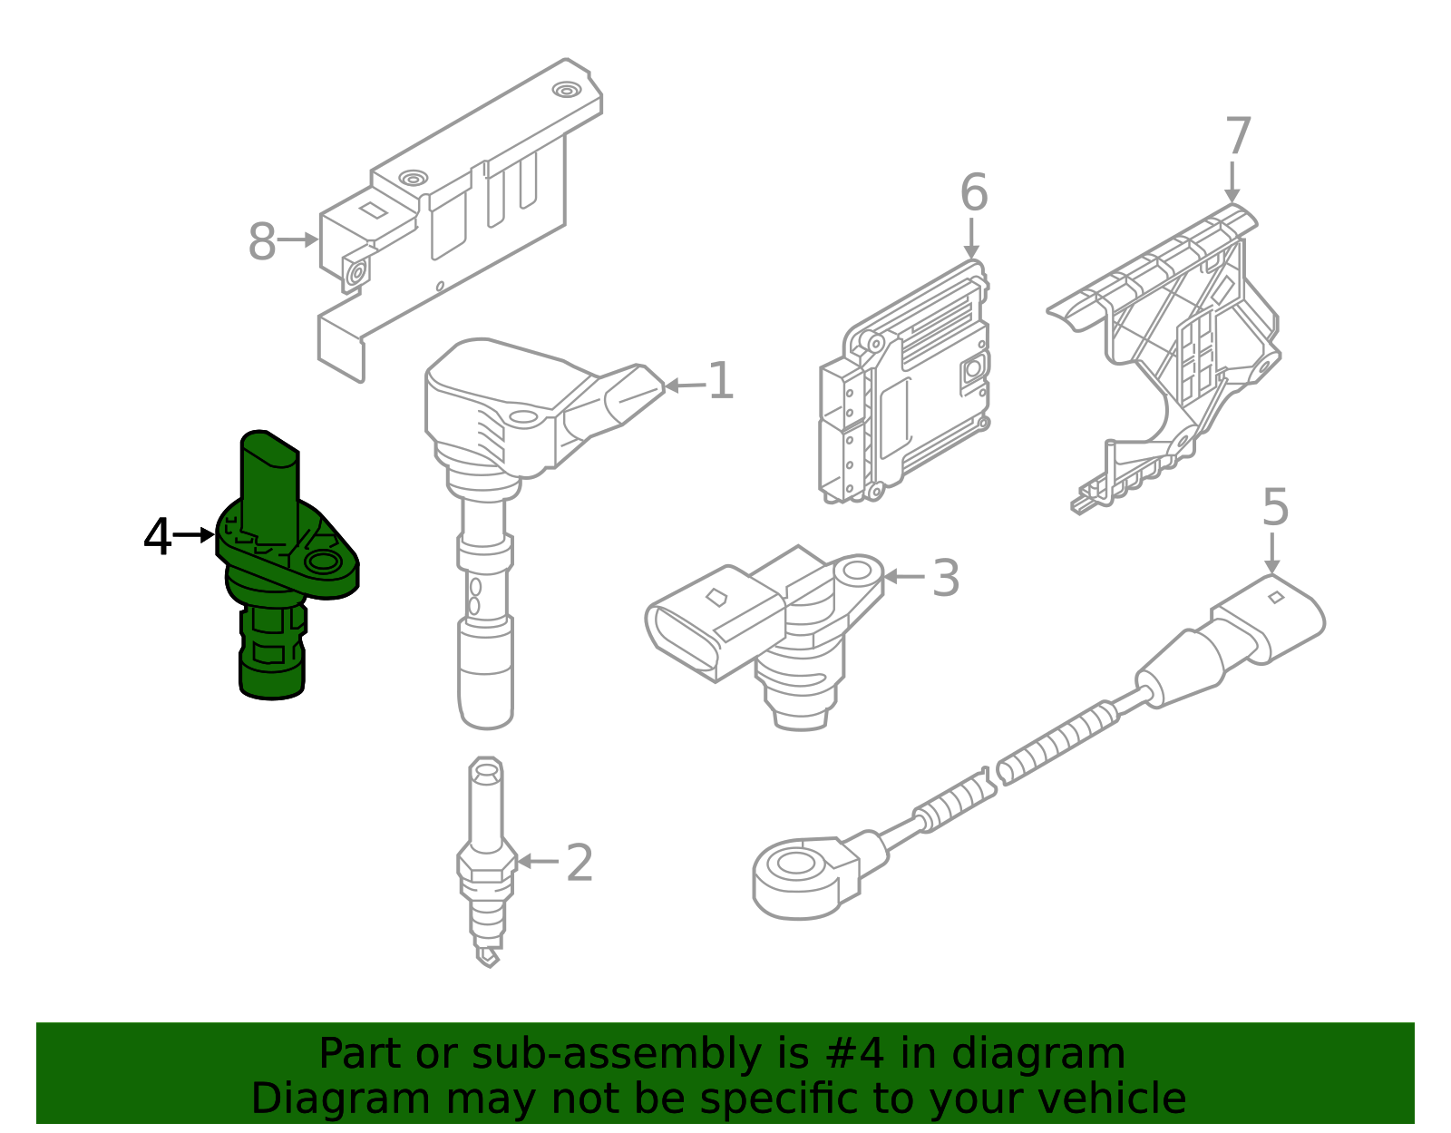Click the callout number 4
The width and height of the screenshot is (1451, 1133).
[x=157, y=537]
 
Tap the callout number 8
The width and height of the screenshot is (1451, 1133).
[x=261, y=242]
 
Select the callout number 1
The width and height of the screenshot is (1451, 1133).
[x=720, y=381]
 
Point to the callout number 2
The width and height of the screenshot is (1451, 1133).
[x=579, y=863]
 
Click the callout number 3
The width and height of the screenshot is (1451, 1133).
[x=945, y=578]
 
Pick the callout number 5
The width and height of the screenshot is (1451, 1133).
[x=1274, y=507]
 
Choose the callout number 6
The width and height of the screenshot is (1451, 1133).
[x=973, y=193]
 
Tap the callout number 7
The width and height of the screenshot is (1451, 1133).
[x=1238, y=137]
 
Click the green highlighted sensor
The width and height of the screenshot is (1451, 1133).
[x=272, y=581]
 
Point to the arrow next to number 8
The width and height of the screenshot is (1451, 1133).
[x=298, y=240]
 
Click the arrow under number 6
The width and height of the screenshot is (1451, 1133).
[x=971, y=239]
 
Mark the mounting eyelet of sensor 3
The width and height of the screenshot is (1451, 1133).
[x=857, y=571]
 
